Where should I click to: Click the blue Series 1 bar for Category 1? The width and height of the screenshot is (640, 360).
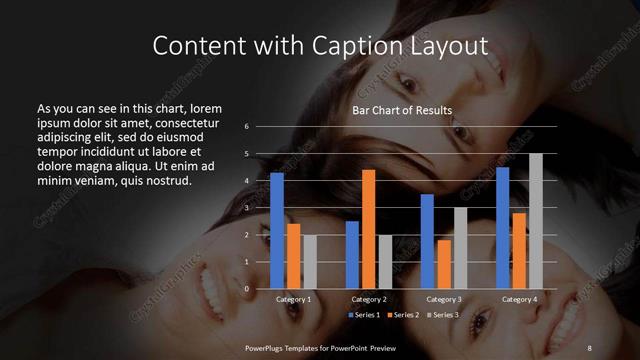coord(277,230)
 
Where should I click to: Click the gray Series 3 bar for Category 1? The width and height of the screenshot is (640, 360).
coord(310,261)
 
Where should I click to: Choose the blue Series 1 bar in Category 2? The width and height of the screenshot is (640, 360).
coord(352,254)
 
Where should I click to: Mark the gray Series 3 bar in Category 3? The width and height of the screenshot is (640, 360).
coord(460,247)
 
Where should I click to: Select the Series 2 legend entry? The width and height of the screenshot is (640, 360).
coord(404,314)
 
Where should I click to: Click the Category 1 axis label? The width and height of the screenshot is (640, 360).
coord(293,299)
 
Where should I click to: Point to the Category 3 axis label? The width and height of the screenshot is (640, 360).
coord(444,299)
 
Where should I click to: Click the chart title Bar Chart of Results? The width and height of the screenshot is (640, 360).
coord(402,110)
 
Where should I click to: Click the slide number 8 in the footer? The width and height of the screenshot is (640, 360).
coord(589,346)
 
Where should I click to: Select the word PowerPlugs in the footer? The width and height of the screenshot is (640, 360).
coord(269,346)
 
